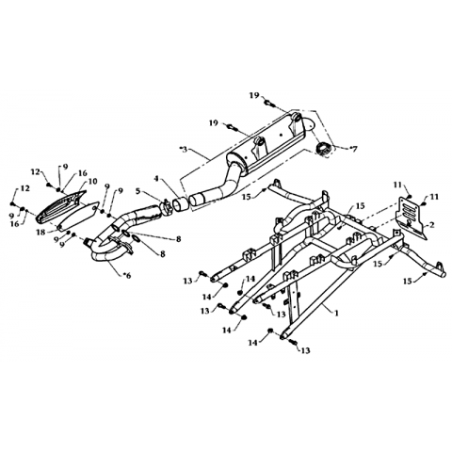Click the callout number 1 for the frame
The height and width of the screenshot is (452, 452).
click(337, 313)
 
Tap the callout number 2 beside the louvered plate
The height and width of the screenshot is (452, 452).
click(432, 224)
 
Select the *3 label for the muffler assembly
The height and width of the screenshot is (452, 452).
click(184, 149)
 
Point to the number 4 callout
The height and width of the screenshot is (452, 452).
click(156, 179)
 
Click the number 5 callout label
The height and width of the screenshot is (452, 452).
click(138, 190)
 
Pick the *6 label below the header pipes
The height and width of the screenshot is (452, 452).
click(127, 275)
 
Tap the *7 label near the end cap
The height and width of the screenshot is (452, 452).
click(352, 149)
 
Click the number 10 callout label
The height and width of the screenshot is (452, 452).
click(93, 182)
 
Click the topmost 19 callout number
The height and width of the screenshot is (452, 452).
click(254, 95)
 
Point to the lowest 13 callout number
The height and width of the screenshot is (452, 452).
click(305, 350)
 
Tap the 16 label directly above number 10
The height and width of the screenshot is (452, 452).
click(83, 173)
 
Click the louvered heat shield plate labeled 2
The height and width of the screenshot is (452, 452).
click(411, 217)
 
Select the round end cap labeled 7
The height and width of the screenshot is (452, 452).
click(322, 148)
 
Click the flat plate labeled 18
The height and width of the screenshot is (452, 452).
click(78, 217)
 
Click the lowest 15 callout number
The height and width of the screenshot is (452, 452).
click(408, 282)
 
